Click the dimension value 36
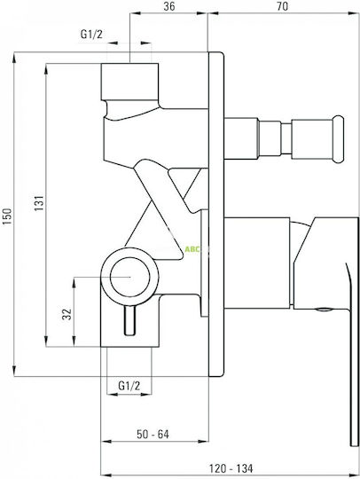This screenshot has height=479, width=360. pos(168,6)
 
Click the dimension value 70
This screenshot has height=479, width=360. pos(283,6)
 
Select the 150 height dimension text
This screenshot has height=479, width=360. pos(7,216)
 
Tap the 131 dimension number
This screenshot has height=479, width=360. pos(39,203)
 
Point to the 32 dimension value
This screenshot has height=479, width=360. pos(67,314)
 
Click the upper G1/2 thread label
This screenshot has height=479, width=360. pos(91,35)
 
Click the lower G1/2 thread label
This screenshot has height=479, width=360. pos(129,386)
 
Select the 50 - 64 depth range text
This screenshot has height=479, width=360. pos(153,434)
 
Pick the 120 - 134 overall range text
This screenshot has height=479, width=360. pos(231,468)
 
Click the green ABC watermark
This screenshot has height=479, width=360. pos(192,249)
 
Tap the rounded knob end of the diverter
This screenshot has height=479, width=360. pos(339,139)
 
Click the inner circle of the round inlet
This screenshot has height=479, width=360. pos(130,277)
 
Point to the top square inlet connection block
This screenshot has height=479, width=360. pos(129,82)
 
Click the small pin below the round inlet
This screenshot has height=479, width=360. pos(129,321)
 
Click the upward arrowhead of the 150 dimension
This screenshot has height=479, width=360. pos(14,58)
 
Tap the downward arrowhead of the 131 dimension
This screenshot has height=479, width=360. pos(46,341)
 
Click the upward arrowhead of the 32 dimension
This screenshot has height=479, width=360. pos(74,283)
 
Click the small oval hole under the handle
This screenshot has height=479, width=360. pos(324,310)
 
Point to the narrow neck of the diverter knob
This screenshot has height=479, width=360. pos(286,138)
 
